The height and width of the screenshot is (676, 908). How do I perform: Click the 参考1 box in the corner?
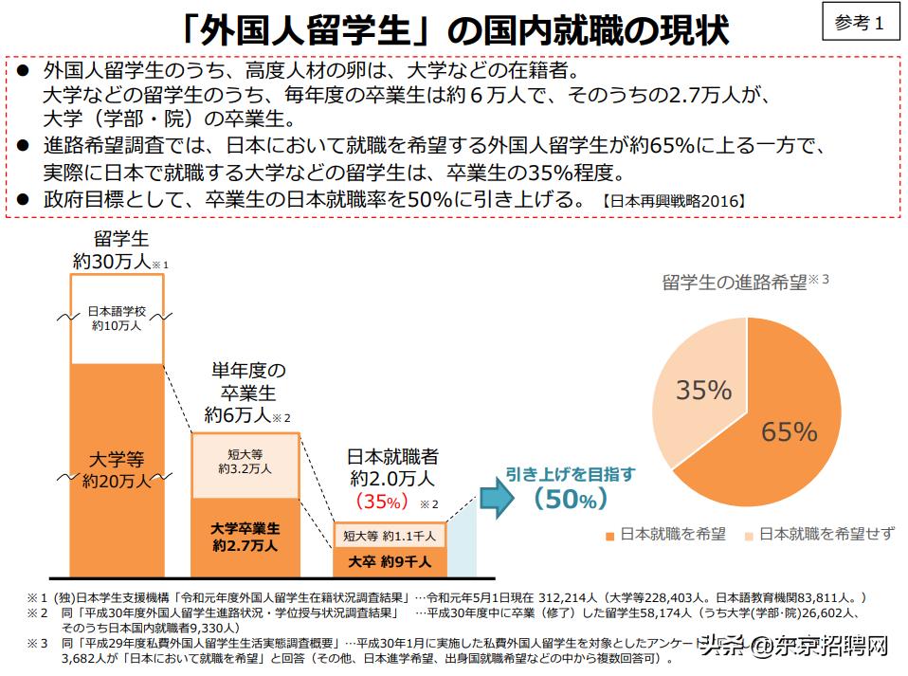click(859, 24)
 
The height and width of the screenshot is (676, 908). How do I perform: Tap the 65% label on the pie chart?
click(789, 431)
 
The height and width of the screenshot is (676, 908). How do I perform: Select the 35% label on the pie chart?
click(703, 391)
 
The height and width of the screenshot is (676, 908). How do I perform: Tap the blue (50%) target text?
click(569, 498)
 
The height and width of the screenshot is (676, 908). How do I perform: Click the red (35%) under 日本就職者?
click(381, 501)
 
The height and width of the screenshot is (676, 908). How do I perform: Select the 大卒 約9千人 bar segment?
click(389, 561)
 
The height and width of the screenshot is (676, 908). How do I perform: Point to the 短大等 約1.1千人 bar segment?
click(389, 536)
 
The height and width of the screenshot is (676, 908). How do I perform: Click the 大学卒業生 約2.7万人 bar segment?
click(245, 537)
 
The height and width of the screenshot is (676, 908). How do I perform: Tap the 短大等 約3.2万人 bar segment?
click(245, 462)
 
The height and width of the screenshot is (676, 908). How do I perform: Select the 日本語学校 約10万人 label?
click(117, 318)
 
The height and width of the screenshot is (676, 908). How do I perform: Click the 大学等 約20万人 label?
click(117, 469)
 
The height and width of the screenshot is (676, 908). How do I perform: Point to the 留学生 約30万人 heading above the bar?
click(117, 251)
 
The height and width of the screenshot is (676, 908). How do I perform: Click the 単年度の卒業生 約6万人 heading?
click(245, 392)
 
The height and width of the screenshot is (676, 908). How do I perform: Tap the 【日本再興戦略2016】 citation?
click(673, 201)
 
